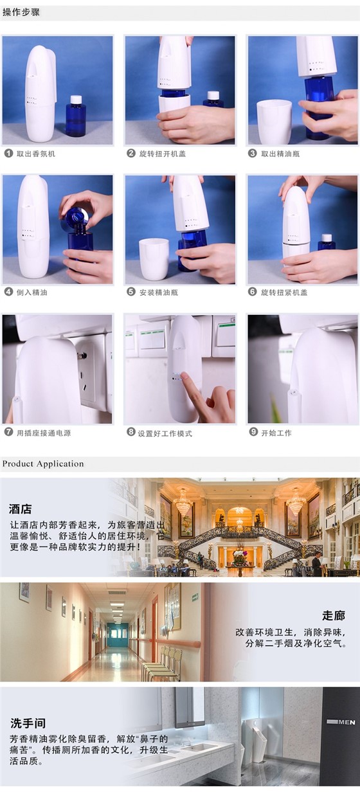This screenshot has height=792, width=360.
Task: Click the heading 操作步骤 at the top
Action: (x=21, y=12)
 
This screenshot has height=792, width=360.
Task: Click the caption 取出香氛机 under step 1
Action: (x=35, y=154)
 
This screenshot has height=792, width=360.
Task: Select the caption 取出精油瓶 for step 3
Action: (x=280, y=154)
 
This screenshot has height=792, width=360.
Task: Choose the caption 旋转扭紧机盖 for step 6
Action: (x=283, y=292)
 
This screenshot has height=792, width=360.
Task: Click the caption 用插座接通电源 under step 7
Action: (x=43, y=433)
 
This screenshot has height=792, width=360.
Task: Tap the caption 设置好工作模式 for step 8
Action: (x=165, y=433)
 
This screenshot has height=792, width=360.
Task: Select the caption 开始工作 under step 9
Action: (x=276, y=433)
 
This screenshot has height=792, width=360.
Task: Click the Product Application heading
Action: (x=43, y=464)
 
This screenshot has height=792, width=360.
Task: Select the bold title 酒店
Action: (x=21, y=509)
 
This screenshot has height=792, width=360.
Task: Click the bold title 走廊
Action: (x=334, y=615)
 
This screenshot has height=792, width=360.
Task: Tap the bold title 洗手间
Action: (x=28, y=723)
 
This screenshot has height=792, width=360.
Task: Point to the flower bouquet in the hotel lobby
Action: (x=240, y=554)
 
